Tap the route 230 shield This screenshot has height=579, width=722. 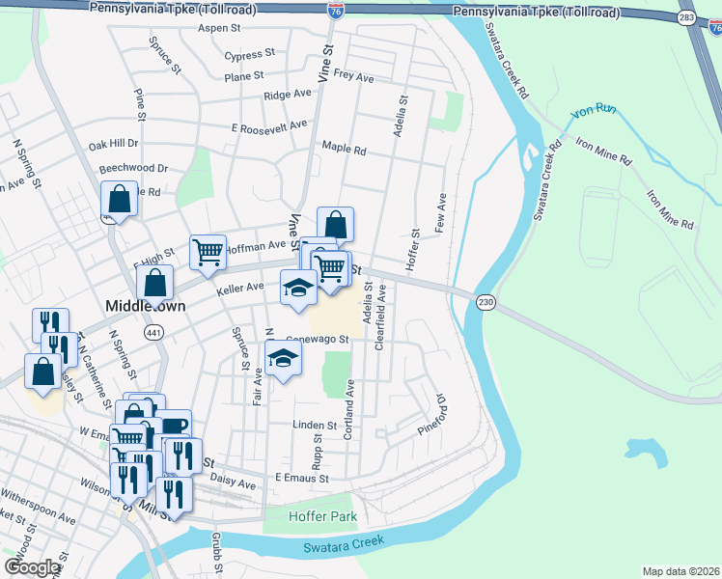click(486, 303)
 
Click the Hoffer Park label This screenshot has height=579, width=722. click(322, 516)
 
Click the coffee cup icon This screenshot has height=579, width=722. click(174, 426)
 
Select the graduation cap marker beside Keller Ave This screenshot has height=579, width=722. click(298, 287)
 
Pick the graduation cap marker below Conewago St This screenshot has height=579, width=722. click(283, 358)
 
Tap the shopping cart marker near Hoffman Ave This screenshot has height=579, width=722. click(208, 253)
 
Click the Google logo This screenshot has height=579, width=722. click(32, 567)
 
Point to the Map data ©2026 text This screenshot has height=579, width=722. click(680, 571)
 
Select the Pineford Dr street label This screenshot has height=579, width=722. click(430, 414)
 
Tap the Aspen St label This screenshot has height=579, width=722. click(218, 29)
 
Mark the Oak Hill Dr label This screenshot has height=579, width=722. click(113, 145)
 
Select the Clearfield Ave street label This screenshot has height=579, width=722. click(379, 317)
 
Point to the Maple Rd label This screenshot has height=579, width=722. click(344, 150)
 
